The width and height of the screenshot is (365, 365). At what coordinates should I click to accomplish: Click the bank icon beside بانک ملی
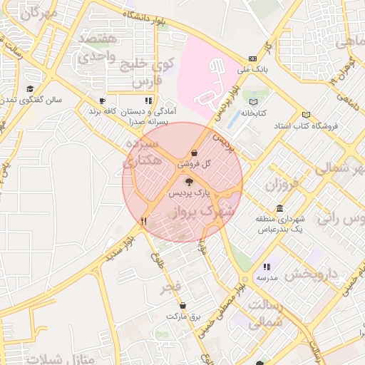pos(252,59)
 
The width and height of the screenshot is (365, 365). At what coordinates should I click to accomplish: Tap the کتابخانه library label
pos(253,113)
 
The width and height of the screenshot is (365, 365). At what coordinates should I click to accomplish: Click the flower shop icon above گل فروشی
pos(195,153)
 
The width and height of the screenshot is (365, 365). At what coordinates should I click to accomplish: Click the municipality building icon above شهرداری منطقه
pos(279,209)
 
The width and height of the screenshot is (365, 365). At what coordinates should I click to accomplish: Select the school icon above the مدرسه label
pos(267,267)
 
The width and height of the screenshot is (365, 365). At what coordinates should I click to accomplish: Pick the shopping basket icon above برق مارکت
pos(183,305)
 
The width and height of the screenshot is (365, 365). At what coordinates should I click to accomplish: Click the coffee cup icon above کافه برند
pos(103,101)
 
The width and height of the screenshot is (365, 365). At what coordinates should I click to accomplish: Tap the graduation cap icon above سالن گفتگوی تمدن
pos(30,89)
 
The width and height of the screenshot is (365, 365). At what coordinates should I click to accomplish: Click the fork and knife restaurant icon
pos(144,221)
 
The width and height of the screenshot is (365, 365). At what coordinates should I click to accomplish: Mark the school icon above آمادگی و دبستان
pos(148,101)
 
